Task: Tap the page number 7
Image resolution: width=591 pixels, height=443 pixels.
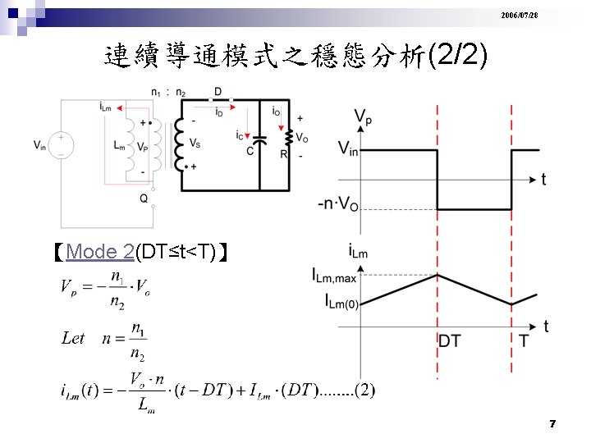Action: pyautogui.click(x=553, y=424)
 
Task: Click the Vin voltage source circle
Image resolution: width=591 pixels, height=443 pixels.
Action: pyautogui.click(x=62, y=145)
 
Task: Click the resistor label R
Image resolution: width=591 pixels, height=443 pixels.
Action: pyautogui.click(x=283, y=153)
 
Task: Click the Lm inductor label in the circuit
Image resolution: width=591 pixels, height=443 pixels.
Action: pyautogui.click(x=120, y=145)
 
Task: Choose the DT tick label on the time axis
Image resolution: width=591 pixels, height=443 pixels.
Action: pyautogui.click(x=449, y=340)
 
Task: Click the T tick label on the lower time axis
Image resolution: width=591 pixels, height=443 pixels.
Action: pyautogui.click(x=524, y=340)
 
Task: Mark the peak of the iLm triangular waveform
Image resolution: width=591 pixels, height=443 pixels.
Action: pyautogui.click(x=438, y=274)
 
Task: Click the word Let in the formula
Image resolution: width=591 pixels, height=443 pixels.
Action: pyautogui.click(x=73, y=338)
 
